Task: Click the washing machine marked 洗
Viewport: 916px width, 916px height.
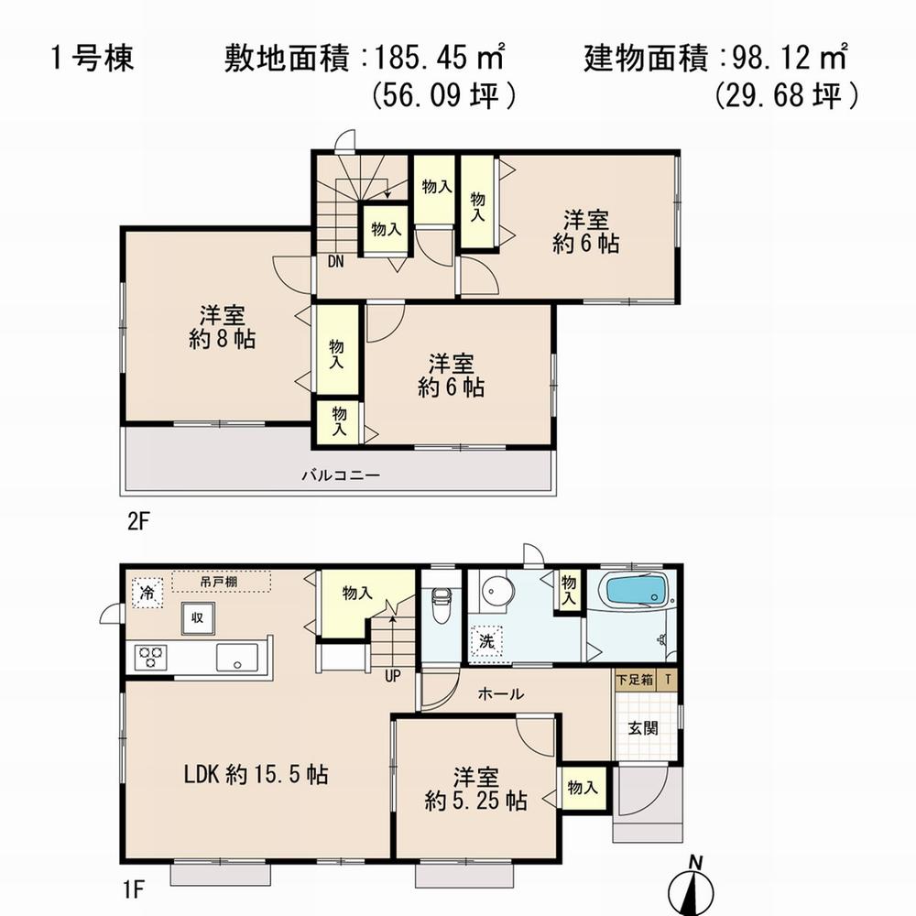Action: pyautogui.click(x=486, y=640)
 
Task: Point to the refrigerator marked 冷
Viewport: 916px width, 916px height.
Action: pyautogui.click(x=146, y=593)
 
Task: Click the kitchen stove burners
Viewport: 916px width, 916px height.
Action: pyautogui.click(x=150, y=657)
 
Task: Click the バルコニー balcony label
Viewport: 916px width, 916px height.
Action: pyautogui.click(x=341, y=476)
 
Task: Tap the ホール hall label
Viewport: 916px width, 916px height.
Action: pyautogui.click(x=501, y=694)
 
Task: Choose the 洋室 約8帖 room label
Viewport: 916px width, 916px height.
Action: pyautogui.click(x=223, y=327)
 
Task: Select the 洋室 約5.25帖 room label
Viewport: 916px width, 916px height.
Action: pyautogui.click(x=475, y=790)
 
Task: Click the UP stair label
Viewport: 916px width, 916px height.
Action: pyautogui.click(x=393, y=679)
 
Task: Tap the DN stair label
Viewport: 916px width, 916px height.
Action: pyautogui.click(x=335, y=261)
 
